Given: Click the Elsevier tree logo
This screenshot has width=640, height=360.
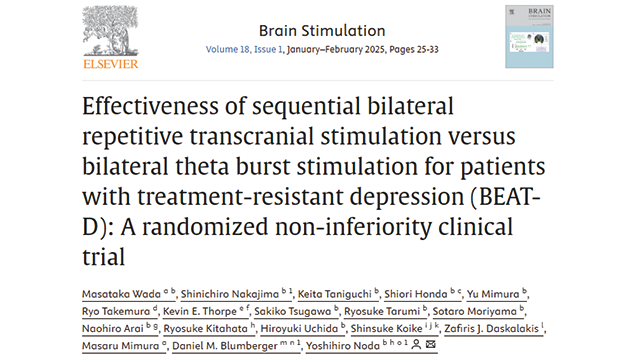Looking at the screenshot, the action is pyautogui.click(x=110, y=31).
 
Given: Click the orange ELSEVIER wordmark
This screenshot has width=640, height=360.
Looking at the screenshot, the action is pyautogui.click(x=111, y=64).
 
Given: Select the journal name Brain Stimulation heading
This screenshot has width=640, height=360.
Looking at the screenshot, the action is pyautogui.click(x=322, y=31).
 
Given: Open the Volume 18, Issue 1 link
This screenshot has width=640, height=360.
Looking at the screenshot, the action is pyautogui.click(x=244, y=49).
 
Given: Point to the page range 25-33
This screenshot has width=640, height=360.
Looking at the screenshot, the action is pyautogui.click(x=427, y=49).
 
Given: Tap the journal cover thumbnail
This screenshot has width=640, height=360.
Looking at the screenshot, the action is pyautogui.click(x=529, y=36).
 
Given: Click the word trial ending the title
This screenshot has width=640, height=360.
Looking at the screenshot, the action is pyautogui.click(x=103, y=257).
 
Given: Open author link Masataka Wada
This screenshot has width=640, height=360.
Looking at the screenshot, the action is pyautogui.click(x=122, y=294).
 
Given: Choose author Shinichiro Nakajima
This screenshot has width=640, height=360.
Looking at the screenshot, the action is pyautogui.click(x=230, y=294).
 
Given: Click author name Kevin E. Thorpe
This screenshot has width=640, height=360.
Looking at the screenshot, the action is pyautogui.click(x=200, y=311).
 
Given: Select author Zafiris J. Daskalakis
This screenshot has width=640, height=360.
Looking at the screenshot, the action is pyautogui.click(x=491, y=329).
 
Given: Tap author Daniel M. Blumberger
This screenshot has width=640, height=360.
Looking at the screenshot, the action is pyautogui.click(x=225, y=346).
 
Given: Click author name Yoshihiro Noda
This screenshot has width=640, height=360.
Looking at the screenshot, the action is pyautogui.click(x=343, y=346).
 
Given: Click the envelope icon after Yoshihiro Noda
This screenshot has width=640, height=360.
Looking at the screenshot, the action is pyautogui.click(x=431, y=344).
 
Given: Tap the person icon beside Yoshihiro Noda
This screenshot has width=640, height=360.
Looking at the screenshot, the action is pyautogui.click(x=416, y=344).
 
